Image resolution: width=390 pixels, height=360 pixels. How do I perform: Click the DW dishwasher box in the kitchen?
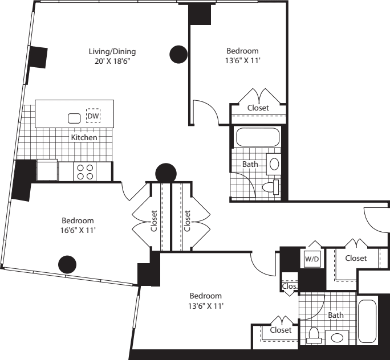point(94,116)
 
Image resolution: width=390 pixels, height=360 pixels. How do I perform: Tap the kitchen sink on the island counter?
point(74,118)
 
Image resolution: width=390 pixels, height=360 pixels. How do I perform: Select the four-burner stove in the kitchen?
point(85,171)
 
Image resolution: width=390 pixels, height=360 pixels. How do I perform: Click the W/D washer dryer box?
point(312,259)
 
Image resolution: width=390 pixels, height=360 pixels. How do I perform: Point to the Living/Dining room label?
point(112,52)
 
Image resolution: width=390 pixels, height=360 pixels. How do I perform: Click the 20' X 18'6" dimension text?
point(112,61)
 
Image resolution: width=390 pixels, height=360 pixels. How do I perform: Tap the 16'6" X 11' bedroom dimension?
point(78,231)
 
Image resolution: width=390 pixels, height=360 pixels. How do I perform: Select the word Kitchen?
point(84,137)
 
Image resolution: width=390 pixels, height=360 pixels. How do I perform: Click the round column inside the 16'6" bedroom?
point(67,264)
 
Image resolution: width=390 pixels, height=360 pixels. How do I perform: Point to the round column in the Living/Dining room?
point(178,55)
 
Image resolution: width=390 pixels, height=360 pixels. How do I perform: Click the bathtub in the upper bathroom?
point(258,137)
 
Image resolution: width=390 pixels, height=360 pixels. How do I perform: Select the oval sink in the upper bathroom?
point(274,164)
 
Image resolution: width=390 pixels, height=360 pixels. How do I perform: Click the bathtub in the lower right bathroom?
point(367,321)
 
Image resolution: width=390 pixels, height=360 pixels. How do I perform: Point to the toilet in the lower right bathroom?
point(314,335)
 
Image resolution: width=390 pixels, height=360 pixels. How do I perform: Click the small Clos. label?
point(290,286)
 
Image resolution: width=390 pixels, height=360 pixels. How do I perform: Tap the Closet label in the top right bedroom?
point(258,108)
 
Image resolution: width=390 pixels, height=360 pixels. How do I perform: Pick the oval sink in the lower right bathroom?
point(337,338)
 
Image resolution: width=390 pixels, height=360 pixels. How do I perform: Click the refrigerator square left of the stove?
point(47,170)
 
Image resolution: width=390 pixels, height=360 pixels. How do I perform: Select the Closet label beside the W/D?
point(356,259)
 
